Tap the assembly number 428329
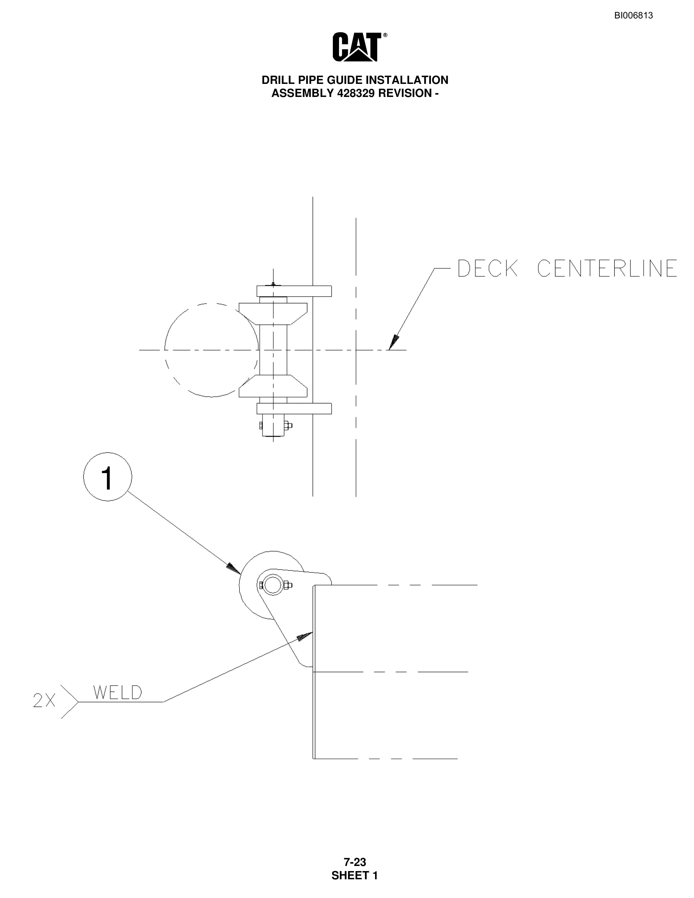[x=356, y=93]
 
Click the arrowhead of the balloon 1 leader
[x=234, y=569]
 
